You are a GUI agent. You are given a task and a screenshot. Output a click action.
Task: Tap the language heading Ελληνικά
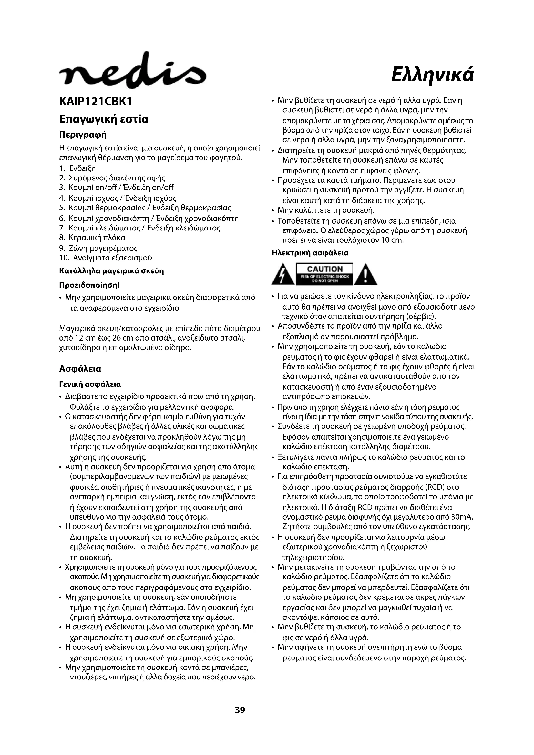click(433, 76)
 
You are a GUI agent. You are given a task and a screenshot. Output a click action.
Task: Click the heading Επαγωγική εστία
click(104, 119)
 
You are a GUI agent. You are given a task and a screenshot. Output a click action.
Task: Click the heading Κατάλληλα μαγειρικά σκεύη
click(111, 271)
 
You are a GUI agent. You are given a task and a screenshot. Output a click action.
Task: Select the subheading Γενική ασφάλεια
click(90, 384)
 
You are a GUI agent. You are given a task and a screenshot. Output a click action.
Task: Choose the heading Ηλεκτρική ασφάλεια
click(310, 253)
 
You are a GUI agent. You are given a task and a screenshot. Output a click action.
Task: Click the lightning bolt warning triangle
click(283, 275)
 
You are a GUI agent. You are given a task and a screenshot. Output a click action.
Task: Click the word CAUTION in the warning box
click(324, 269)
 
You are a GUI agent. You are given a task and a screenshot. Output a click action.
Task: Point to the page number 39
click(240, 709)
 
